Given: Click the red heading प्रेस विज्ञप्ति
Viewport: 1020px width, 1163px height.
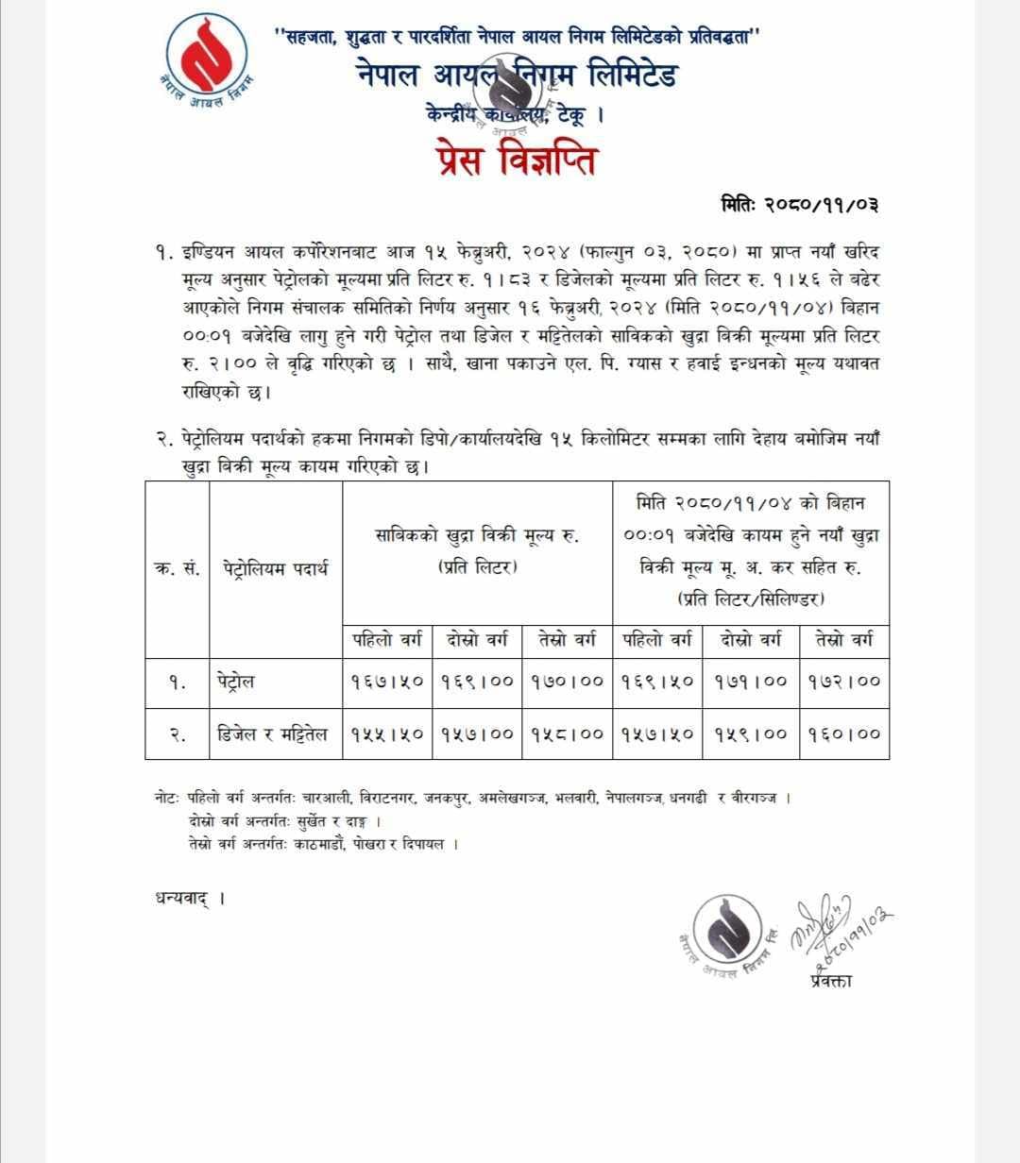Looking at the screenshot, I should click(x=510, y=160).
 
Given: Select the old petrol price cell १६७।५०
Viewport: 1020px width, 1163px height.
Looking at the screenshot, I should click(x=387, y=682).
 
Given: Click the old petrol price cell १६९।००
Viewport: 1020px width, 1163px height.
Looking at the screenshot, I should click(x=477, y=682).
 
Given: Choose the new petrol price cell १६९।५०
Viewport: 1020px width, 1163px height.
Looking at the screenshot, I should click(x=657, y=682).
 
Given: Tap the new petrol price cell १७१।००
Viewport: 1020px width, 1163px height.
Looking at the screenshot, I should click(x=751, y=682).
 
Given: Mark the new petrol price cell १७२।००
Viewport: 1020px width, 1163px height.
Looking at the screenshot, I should click(x=843, y=682).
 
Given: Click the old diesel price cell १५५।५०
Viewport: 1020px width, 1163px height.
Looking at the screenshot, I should click(x=387, y=733).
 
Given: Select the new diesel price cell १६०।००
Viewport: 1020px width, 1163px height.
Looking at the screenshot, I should click(x=843, y=733).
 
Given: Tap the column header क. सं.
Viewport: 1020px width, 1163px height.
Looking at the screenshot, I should click(x=177, y=568).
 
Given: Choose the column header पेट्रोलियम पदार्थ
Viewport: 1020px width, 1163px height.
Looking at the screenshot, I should click(x=275, y=568).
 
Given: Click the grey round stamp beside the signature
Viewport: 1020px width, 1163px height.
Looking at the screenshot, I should click(x=726, y=931).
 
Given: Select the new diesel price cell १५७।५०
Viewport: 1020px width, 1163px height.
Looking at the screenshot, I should click(x=657, y=733).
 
